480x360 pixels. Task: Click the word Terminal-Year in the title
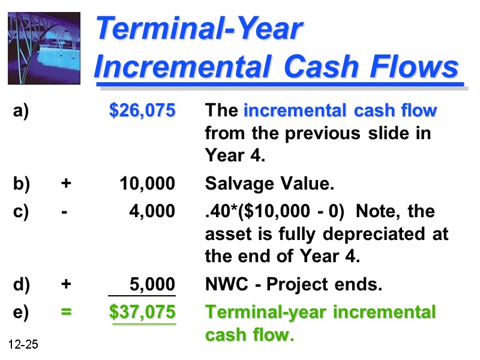[200, 29]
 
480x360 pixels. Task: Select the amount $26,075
[143, 111]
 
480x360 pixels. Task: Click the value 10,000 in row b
[148, 184]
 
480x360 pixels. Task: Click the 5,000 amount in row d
[153, 284]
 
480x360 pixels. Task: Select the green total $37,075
[143, 313]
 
